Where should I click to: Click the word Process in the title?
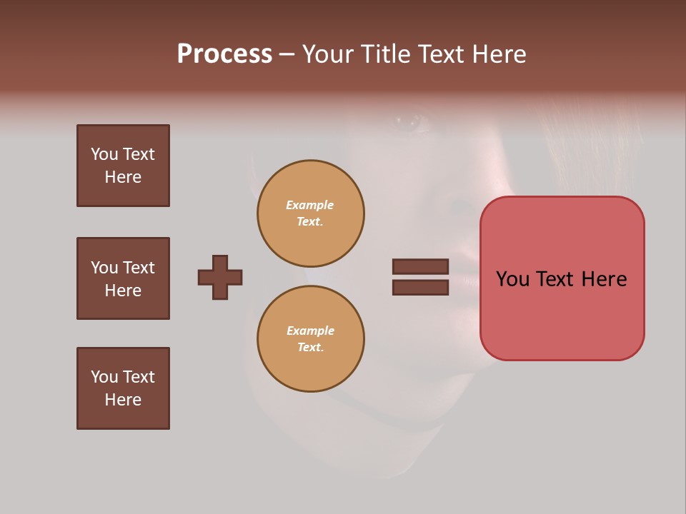224,54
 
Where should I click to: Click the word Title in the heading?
385,54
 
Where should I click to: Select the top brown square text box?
123,166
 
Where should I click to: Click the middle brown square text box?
123,278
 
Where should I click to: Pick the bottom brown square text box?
123,388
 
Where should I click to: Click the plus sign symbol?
220,277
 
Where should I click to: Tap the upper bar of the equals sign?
420,266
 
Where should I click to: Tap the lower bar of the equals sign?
420,288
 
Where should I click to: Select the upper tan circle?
311,213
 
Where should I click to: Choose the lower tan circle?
311,339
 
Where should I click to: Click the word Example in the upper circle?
310,206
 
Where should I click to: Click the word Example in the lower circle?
310,331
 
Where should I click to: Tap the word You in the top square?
104,155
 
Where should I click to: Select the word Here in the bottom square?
123,400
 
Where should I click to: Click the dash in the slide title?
287,55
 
